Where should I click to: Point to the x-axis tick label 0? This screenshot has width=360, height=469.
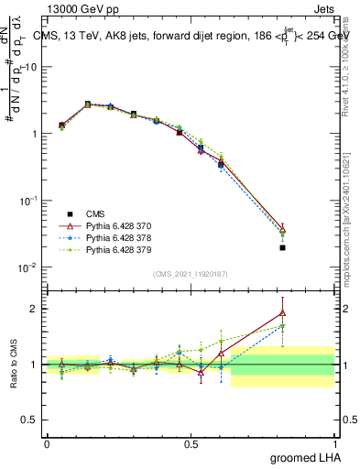click(x=47, y=443)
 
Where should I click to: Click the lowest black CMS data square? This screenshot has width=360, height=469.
click(x=282, y=247)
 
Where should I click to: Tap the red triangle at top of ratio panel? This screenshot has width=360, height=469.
click(x=282, y=313)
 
